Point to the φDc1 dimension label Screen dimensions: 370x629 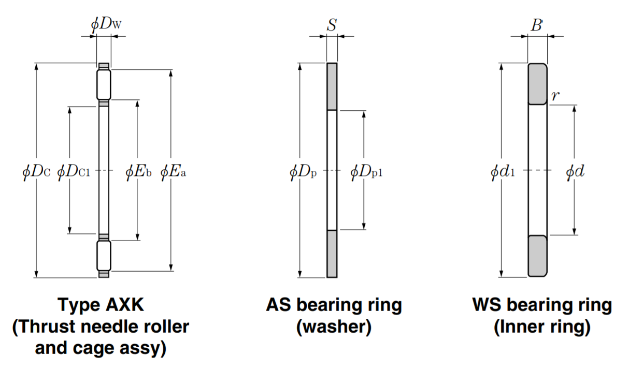coord(73,171)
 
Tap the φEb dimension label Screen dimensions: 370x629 coord(138,171)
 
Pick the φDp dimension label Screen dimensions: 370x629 coord(303,171)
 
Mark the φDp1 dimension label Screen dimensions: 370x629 coord(366,171)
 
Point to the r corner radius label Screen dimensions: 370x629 coord(555,95)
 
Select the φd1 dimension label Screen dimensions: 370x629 coord(503,171)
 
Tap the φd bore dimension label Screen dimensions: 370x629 coord(575,171)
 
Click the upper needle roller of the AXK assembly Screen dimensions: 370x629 coord(104,85)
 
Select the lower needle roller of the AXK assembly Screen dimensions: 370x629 coord(104,256)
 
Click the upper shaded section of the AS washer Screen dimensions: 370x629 coord(332,86)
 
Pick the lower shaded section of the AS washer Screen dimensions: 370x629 coord(332,254)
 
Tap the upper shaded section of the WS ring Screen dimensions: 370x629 coord(538,83)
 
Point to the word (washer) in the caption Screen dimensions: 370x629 coord(334,328)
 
